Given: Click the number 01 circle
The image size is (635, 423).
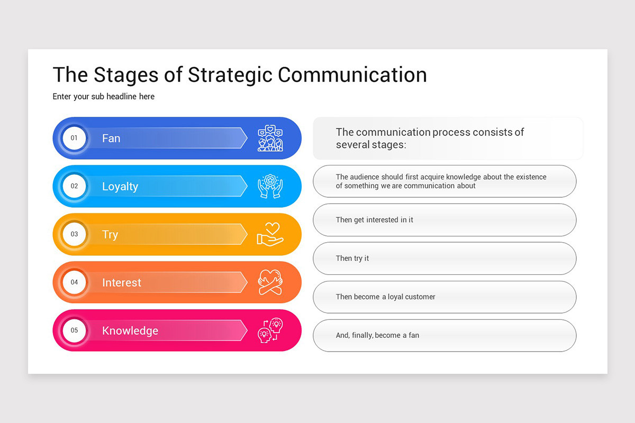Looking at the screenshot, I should [74, 138].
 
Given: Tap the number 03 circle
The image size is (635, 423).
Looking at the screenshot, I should [74, 234].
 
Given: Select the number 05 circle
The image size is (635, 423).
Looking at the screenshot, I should [74, 330].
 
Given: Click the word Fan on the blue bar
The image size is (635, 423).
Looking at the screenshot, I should [111, 138].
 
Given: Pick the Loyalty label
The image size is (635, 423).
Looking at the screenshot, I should [120, 187].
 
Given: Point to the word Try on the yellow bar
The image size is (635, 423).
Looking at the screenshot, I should [110, 235].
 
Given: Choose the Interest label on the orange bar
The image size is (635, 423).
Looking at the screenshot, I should [122, 283].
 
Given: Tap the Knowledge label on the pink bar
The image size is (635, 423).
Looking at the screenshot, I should [130, 331].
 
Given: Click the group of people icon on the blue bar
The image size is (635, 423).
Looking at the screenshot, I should [270, 138].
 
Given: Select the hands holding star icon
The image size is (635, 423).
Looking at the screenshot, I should [270, 186].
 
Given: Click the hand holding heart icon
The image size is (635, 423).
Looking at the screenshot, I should [270, 234].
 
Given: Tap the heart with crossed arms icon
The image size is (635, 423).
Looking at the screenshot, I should [270, 282].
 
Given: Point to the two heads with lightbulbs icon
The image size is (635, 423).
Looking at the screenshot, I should [270, 330].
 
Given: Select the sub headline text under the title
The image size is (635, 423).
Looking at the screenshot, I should [104, 97].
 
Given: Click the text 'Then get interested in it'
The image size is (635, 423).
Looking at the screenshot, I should [374, 220].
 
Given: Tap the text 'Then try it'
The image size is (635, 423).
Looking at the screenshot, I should [352, 259].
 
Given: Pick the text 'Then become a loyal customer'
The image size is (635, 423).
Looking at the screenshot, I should [385, 297].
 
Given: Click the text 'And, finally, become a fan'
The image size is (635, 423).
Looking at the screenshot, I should [377, 335].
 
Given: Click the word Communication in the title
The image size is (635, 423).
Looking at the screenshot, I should [352, 75].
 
